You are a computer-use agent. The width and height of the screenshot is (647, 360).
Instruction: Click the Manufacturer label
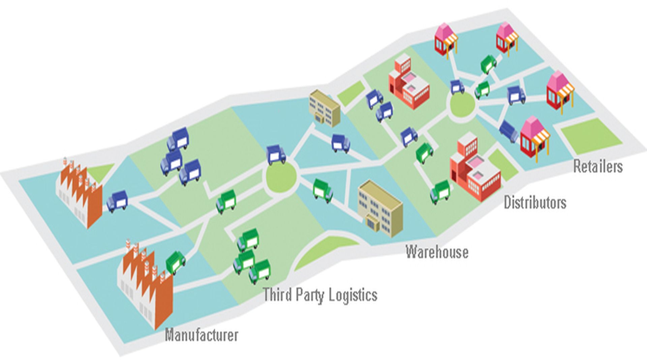(x=202, y=335)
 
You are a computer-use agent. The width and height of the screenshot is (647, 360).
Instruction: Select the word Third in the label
(x=277, y=294)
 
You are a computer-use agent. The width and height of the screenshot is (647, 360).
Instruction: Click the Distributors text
(x=535, y=202)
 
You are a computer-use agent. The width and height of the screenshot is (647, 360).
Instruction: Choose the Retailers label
(x=598, y=167)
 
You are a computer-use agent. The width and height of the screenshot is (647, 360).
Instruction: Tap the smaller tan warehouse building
(x=324, y=108)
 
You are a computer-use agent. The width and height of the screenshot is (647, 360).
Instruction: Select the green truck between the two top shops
(x=489, y=64)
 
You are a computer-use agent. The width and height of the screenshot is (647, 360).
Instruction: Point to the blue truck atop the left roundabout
(x=276, y=155)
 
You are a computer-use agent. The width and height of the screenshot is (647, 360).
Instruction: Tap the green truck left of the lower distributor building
(x=440, y=191)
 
